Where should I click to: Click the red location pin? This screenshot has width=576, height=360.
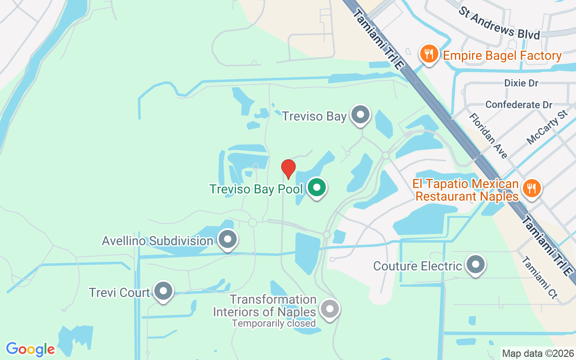(288, 169)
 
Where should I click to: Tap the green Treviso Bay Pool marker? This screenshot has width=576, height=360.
(317, 188)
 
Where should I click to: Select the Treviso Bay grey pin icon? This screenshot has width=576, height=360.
(360, 115)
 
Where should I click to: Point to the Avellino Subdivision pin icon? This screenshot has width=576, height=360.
(227, 239)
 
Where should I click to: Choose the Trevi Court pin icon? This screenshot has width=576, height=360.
(163, 291)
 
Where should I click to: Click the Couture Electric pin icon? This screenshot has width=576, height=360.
(475, 265)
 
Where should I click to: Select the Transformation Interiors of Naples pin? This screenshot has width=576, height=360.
(330, 309)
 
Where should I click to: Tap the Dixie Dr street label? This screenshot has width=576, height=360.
(521, 83)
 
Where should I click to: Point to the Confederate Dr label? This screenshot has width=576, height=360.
(518, 105)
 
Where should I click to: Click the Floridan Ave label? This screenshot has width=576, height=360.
(488, 135)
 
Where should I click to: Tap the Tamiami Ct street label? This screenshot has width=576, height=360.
(539, 278)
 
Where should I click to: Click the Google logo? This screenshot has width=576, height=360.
(30, 349)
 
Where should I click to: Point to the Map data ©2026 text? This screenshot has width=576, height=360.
(538, 353)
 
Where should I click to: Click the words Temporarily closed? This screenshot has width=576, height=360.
(274, 323)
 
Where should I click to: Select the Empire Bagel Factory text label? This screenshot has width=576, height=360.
(502, 56)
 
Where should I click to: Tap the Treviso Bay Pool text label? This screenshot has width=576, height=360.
(256, 189)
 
